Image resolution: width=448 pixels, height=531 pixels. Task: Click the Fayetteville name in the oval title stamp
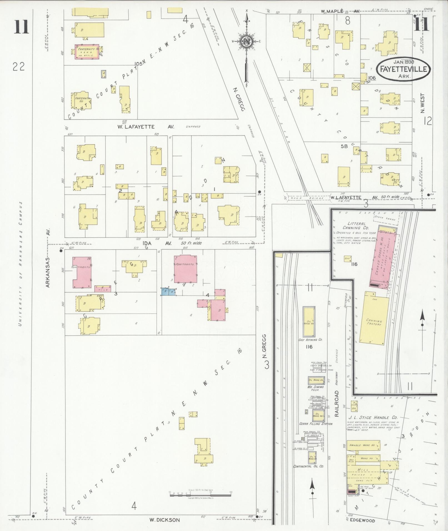pyautogui.click(x=403, y=69)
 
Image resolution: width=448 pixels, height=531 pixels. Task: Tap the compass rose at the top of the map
pyautogui.click(x=246, y=42)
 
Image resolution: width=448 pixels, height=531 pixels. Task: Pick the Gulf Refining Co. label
pyautogui.click(x=311, y=339)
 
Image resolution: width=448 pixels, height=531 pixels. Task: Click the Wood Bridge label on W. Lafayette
pyautogui.click(x=308, y=198)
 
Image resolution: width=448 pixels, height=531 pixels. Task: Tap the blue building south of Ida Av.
pyautogui.click(x=168, y=291)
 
